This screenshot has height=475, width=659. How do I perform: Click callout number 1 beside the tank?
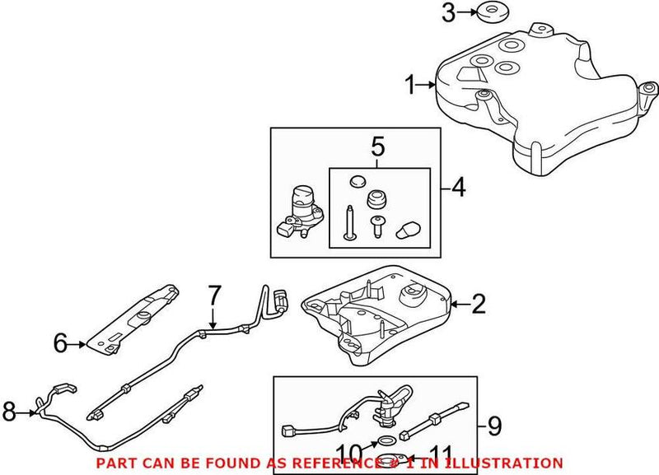click(x=410, y=84)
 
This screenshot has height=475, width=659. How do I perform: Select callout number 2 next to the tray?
click(x=478, y=306)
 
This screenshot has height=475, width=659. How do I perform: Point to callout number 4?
click(x=457, y=189)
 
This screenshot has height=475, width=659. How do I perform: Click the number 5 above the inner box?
click(x=378, y=148)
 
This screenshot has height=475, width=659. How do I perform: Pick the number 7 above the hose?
click(x=214, y=295)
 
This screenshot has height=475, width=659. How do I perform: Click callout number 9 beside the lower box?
click(x=493, y=426)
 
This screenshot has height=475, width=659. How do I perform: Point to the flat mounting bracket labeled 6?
click(x=136, y=316)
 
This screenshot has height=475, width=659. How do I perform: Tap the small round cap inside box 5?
click(x=357, y=180)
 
